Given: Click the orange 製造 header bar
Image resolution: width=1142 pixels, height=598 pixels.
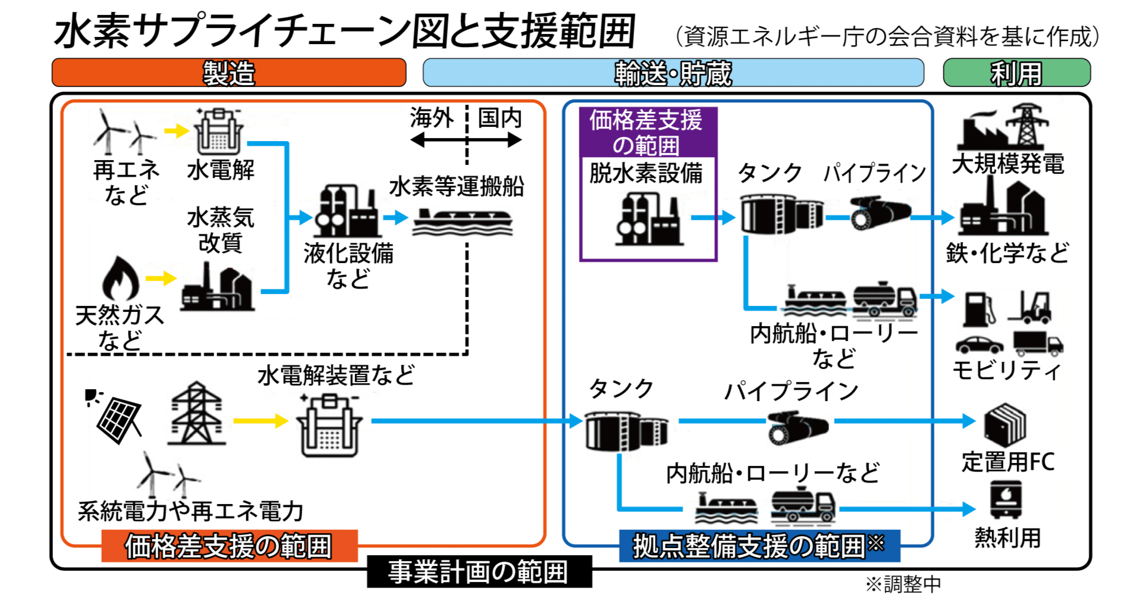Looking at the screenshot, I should (229, 73).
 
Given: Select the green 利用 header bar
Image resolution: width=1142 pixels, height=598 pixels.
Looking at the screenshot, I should (1016, 73).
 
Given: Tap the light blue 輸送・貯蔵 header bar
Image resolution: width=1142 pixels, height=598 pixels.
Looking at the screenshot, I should (673, 73).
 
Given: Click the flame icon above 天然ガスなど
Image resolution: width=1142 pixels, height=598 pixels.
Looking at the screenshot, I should (121, 278).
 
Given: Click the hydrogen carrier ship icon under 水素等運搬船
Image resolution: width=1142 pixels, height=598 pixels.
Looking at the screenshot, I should (462, 221).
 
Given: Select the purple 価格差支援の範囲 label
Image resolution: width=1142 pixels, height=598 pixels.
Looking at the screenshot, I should (648, 132).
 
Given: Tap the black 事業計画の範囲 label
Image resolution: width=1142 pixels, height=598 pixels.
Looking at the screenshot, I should (479, 571).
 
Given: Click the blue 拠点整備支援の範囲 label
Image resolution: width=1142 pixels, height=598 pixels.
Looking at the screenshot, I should (759, 546).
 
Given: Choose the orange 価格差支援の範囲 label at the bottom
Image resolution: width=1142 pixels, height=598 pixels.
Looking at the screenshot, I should (229, 546).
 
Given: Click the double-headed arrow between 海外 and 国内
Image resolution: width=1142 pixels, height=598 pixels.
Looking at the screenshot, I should (466, 140).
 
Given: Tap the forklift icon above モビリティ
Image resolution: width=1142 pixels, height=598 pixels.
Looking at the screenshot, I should (1031, 307).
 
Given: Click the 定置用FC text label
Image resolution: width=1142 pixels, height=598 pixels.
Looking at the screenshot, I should (1008, 462).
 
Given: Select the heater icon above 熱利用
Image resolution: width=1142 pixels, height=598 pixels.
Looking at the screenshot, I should (1006, 499).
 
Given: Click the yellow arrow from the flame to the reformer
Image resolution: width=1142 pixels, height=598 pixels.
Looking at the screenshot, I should (161, 278).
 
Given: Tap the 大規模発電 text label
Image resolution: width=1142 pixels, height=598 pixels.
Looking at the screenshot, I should (1008, 164).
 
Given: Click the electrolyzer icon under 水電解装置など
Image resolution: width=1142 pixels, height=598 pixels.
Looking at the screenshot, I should (329, 426).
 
